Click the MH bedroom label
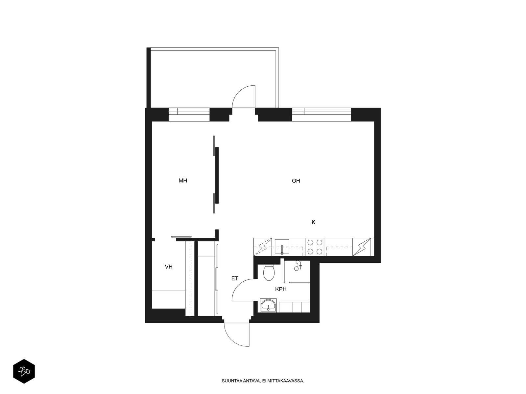(x=182, y=181)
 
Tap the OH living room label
(x=296, y=181)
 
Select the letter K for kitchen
(x=313, y=222)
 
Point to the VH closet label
(x=168, y=267)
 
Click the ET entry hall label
(x=235, y=278)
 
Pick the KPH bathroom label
(x=281, y=289)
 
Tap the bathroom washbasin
(x=268, y=305)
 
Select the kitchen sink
(x=282, y=246)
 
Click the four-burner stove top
(x=315, y=247)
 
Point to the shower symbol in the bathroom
(x=298, y=266)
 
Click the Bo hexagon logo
(x=24, y=371)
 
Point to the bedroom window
(x=189, y=115)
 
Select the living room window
(x=322, y=115)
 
